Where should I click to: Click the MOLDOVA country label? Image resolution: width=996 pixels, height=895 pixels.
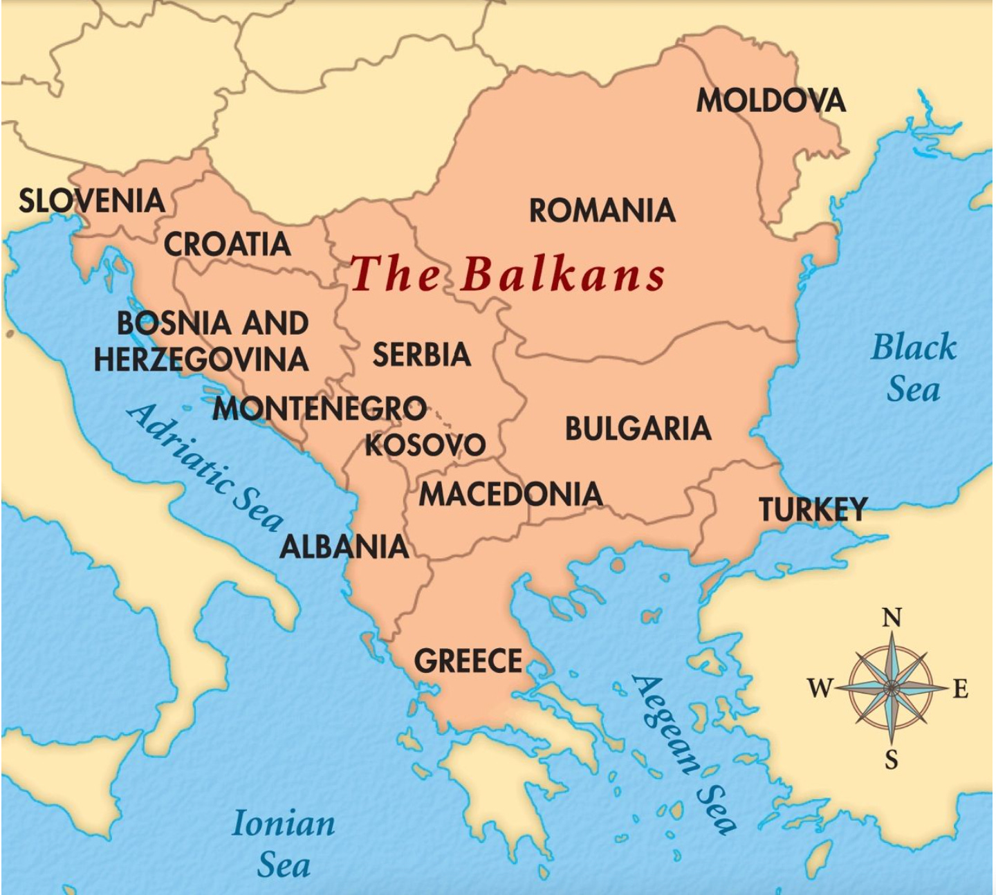[x=771, y=100]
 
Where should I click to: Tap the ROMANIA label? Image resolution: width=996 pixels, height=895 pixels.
[x=602, y=210]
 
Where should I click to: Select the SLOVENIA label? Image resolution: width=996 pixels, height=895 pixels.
[x=92, y=201]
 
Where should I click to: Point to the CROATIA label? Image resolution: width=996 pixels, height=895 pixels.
[x=227, y=244]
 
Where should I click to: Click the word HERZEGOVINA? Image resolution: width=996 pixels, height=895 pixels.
[x=201, y=359]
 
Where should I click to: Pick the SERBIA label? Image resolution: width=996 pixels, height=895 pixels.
[x=421, y=355]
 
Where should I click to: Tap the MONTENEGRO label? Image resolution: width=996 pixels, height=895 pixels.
[x=319, y=408]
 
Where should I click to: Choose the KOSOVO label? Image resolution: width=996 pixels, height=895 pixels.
[x=425, y=444]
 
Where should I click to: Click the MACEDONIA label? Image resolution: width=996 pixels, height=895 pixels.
[x=510, y=494]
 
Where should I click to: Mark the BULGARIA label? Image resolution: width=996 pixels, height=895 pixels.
[x=638, y=429]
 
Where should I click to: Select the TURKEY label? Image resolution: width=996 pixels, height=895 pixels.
[x=813, y=510]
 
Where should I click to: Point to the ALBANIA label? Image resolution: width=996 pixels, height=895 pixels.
[x=344, y=546]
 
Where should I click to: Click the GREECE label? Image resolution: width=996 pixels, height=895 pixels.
[x=468, y=661]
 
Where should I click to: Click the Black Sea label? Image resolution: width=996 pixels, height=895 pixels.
[x=914, y=367]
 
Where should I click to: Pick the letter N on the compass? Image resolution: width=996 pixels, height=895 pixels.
[x=892, y=617]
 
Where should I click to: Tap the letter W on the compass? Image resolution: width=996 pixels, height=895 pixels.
[x=820, y=688]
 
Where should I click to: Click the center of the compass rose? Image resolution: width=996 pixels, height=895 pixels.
[x=892, y=688]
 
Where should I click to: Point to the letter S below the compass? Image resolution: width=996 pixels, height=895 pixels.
[x=892, y=759]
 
